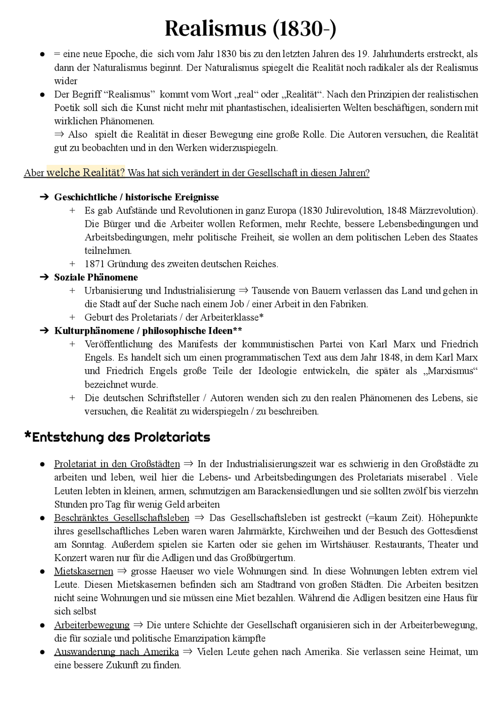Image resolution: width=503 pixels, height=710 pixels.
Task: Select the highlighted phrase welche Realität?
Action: pyautogui.click(x=86, y=173)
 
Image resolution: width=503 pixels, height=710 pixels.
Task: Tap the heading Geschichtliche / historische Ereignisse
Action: pyautogui.click(x=136, y=197)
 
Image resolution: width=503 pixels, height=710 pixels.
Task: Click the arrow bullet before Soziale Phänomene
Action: pyautogui.click(x=44, y=277)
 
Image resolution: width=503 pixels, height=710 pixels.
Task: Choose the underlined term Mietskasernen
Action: pyautogui.click(x=83, y=571)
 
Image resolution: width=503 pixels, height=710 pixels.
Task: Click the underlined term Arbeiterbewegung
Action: pyautogui.click(x=92, y=625)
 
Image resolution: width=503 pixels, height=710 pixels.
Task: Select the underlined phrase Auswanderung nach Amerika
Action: pyautogui.click(x=116, y=652)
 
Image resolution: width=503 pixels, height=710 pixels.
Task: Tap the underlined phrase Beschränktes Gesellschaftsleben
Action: pyautogui.click(x=121, y=518)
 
